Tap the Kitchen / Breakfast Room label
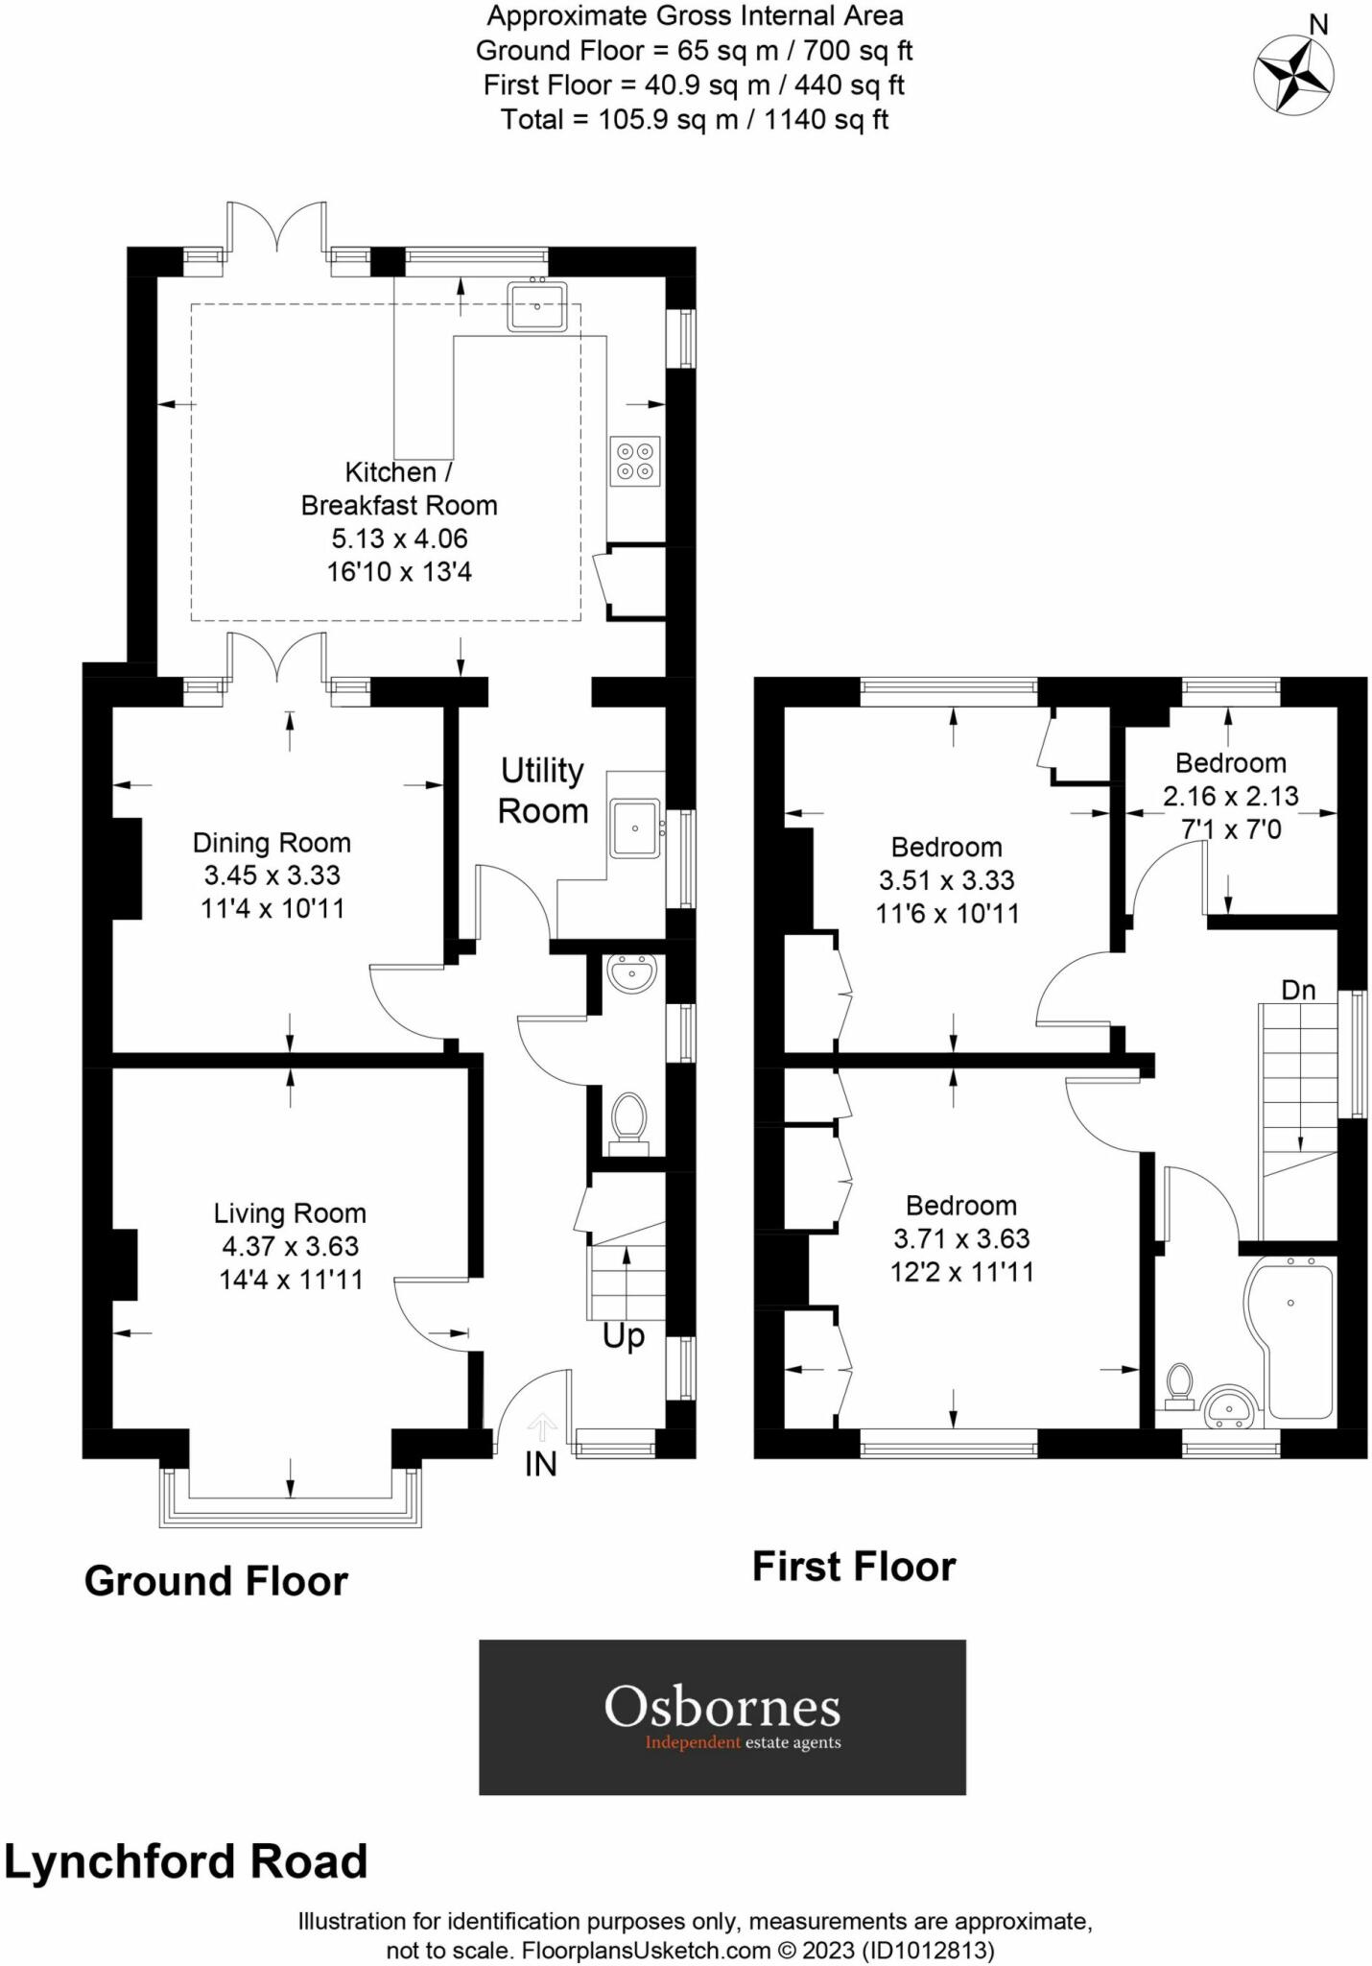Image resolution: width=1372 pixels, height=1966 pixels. point(398,489)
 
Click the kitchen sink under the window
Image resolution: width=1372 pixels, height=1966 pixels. point(538,305)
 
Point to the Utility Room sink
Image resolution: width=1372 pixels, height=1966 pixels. point(634,827)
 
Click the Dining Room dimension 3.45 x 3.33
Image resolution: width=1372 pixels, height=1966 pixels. point(272,875)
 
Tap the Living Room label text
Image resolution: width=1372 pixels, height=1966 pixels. point(290,1213)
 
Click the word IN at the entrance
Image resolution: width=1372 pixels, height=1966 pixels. point(541,1465)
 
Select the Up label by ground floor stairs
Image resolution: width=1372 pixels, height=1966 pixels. point(624,1336)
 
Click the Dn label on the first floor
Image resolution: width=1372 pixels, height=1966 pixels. point(1298,990)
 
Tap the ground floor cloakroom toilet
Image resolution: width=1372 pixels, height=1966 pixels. point(629,1119)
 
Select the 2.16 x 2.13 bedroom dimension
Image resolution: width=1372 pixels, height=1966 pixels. point(1230,796)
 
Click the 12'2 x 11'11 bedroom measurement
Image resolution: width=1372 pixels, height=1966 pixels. point(961,1273)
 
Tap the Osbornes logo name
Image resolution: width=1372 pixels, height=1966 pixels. point(721,1708)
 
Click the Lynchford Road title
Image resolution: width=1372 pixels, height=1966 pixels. point(186,1862)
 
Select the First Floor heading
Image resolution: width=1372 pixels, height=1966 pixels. point(854,1567)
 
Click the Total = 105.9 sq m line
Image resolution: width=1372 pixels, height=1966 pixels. point(694,120)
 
